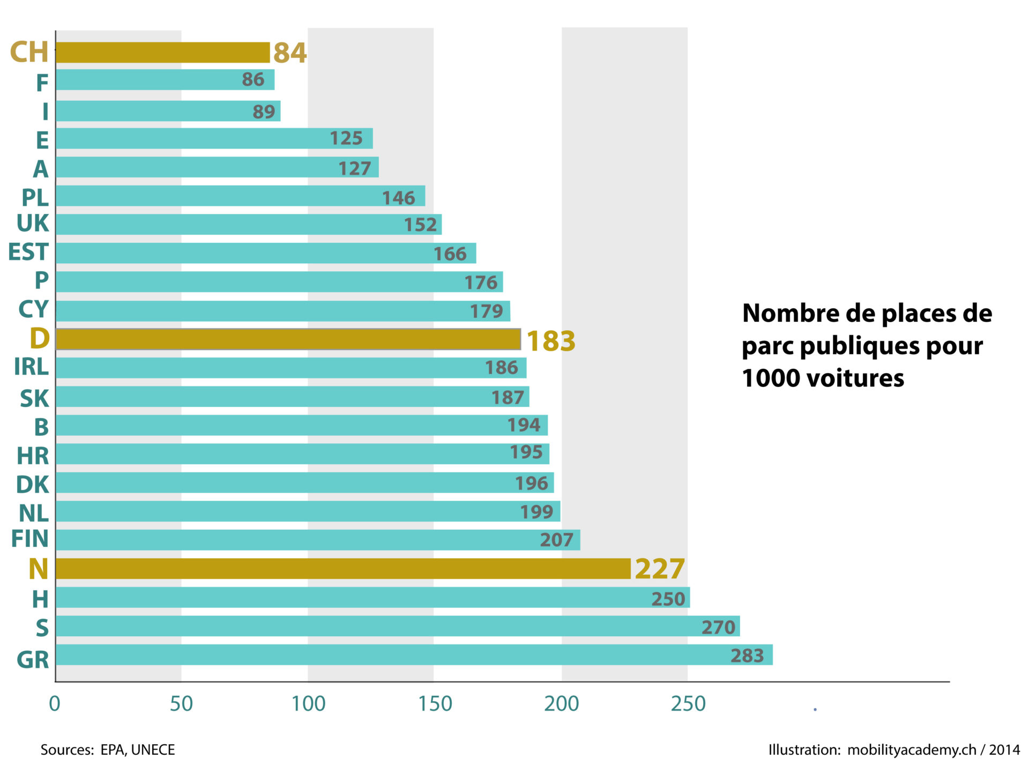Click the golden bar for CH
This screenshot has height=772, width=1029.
162,53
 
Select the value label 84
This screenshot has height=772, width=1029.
290,53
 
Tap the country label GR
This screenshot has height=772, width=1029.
33,659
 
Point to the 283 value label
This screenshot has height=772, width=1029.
747,656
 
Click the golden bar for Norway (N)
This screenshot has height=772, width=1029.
343,568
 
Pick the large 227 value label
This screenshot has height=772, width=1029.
659,569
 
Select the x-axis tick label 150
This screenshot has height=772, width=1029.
435,704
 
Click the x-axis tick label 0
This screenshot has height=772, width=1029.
54,704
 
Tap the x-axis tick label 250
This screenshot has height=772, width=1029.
688,704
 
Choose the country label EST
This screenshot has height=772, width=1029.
28,252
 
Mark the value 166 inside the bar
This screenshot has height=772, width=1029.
450,254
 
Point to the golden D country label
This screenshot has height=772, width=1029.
40,338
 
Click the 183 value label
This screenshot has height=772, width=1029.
550,341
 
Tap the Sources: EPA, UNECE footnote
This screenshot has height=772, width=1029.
108,749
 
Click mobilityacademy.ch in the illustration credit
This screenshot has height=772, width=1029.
911,749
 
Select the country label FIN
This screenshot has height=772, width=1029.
30,539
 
